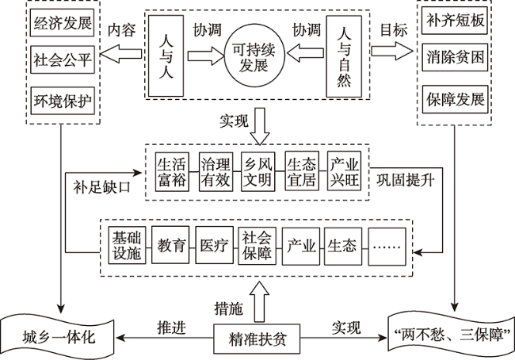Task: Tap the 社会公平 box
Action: [60, 60]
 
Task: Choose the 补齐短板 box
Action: [455, 21]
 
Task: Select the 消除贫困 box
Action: [455, 59]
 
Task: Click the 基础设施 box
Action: [125, 245]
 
